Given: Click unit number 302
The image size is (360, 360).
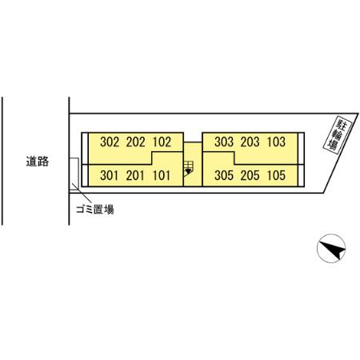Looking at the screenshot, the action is [110, 142].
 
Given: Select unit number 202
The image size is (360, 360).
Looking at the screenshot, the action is [136, 142].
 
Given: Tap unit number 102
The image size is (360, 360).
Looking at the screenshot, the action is [162, 142].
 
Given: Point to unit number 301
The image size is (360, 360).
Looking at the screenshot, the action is [109, 175].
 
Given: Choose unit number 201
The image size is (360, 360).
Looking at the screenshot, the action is [135, 175].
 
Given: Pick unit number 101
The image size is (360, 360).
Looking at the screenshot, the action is [162, 175].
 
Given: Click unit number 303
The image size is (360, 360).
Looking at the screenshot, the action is [224, 142].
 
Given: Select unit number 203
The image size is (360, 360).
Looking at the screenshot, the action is [250, 142].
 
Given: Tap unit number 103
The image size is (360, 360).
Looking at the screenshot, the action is [276, 142].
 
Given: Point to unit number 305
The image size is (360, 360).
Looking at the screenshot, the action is [224, 175].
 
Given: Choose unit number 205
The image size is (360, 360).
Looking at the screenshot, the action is [250, 175].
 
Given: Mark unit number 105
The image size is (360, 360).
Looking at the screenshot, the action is [276, 175].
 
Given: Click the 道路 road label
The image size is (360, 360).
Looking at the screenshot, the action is [38, 162].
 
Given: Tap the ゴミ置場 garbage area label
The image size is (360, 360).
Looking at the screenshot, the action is [95, 210].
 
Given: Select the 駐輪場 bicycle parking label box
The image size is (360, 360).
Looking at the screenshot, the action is [338, 135].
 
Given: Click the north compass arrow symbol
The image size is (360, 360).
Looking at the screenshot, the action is [331, 248].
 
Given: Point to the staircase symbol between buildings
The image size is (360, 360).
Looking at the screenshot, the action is [188, 168].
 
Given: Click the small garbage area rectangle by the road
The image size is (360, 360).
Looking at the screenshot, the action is [74, 174].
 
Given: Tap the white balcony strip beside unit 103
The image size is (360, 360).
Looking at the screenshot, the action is [301, 148].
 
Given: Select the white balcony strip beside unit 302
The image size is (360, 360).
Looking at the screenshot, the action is [85, 148].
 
